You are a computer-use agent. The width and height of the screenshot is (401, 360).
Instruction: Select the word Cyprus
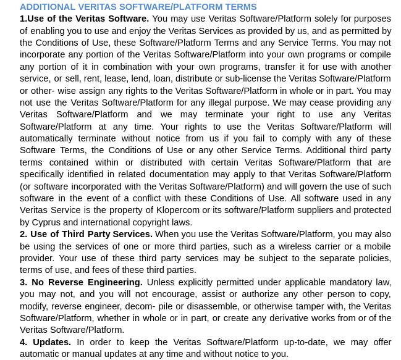click(46, 222)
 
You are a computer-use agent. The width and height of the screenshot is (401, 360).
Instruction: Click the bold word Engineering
click(112, 282)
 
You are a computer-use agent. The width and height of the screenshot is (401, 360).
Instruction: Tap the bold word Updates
click(51, 342)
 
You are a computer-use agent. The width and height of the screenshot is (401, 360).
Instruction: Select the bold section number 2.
click(23, 234)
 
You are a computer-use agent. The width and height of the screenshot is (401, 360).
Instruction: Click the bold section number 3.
click(23, 282)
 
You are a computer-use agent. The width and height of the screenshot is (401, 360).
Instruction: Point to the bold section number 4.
click(23, 342)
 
